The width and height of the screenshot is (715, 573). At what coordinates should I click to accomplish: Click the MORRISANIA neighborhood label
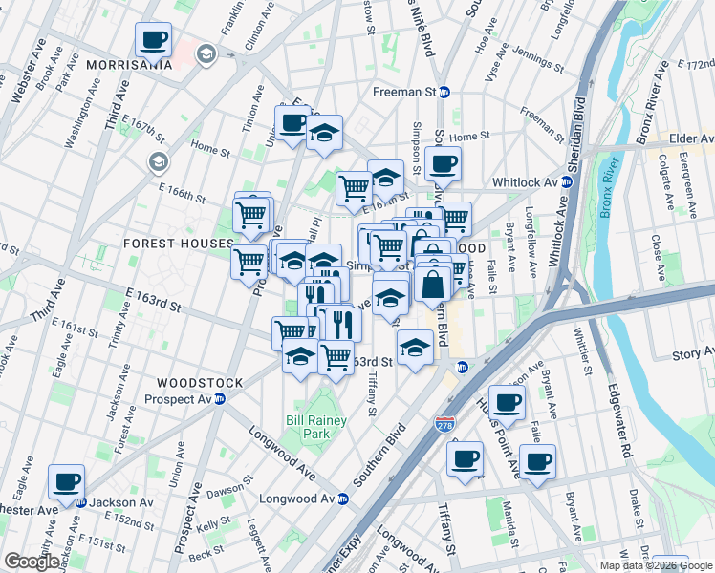point(129,65)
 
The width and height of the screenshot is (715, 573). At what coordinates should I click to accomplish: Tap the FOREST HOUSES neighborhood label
point(178,244)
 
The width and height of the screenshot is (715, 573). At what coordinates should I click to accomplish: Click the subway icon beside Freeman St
point(457,93)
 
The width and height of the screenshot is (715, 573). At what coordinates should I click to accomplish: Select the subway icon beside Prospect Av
point(219,398)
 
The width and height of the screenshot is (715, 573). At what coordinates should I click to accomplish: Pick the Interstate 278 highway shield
point(444,422)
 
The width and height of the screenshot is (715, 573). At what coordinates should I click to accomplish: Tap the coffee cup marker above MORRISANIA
point(153,40)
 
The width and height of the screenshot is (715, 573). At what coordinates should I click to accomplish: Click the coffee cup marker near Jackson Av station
point(66,481)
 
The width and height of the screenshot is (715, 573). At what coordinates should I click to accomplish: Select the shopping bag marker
point(433,285)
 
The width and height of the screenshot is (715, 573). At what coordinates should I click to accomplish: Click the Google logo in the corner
point(32,562)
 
